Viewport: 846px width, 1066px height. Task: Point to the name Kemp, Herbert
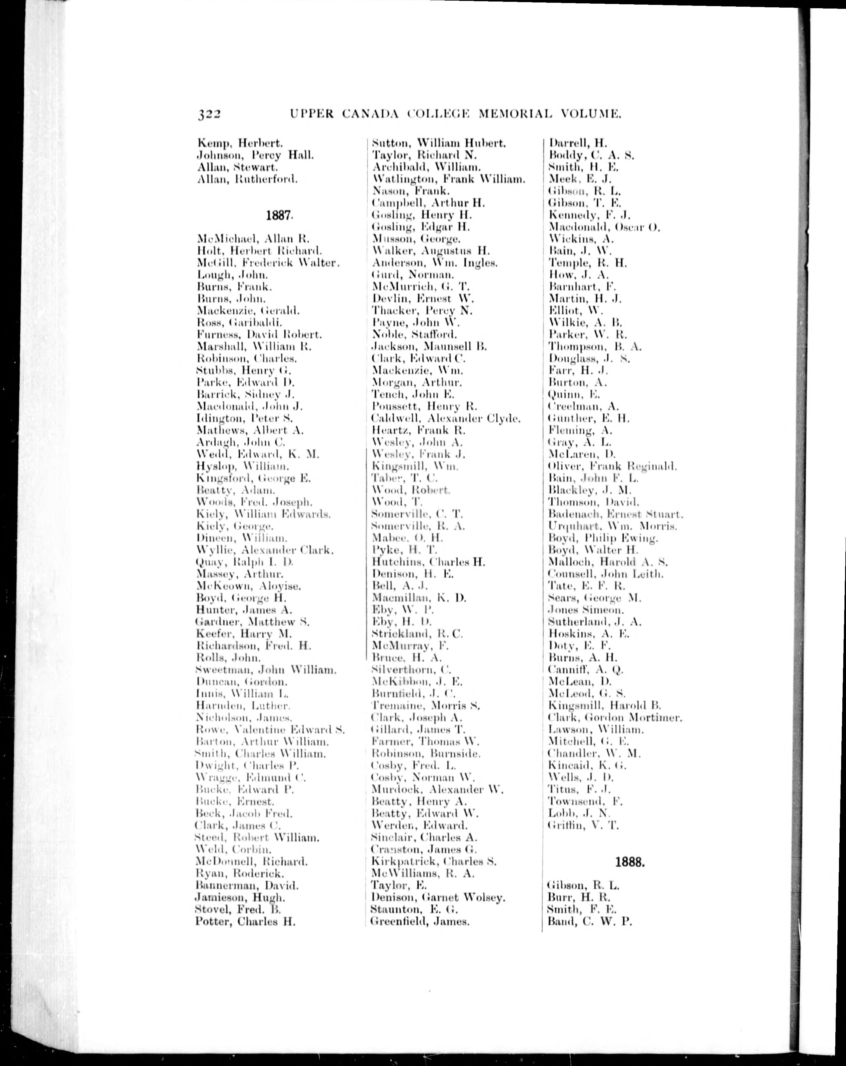tap(240, 143)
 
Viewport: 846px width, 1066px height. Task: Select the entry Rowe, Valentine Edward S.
tap(270, 730)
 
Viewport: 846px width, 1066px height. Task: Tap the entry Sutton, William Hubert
tap(439, 143)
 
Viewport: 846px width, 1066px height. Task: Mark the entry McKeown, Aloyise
tap(249, 586)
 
